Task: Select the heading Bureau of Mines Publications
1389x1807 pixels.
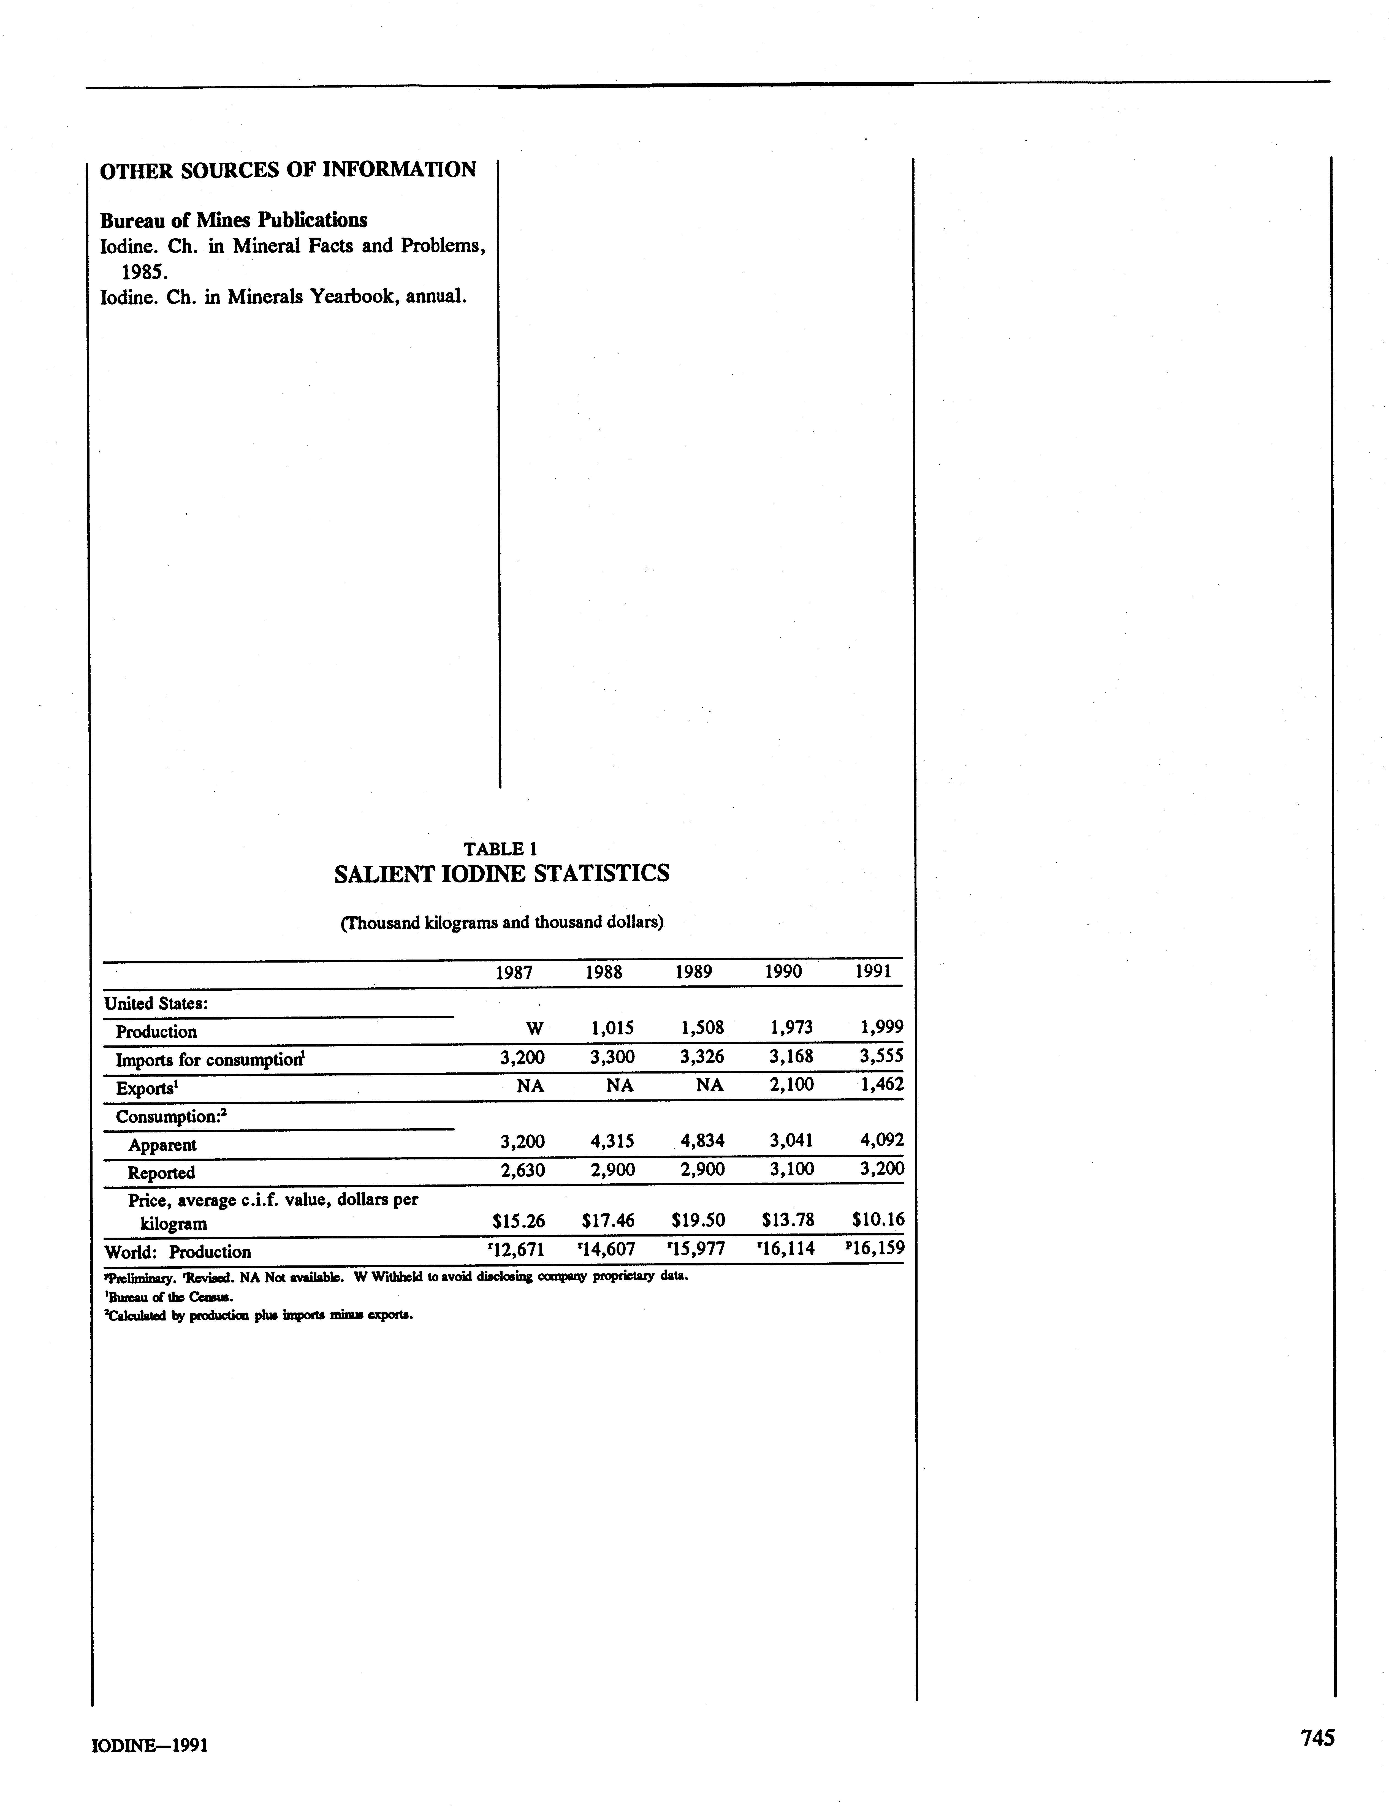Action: (234, 220)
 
